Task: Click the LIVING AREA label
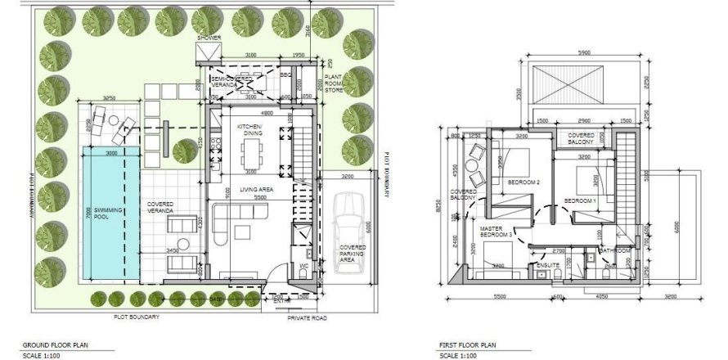point(255,190)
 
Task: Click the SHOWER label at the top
point(209,38)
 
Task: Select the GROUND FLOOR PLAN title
point(51,345)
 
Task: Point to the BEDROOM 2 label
point(524,182)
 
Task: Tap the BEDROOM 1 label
point(581,200)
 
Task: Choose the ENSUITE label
point(546,266)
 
